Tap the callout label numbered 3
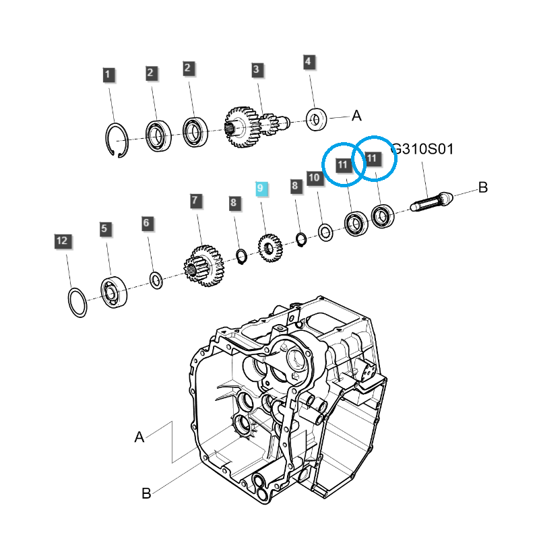tap(257, 69)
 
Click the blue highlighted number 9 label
tap(261, 188)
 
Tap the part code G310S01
tap(422, 149)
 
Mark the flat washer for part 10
tap(325, 233)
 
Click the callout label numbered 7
tap(195, 200)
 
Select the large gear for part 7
tap(204, 265)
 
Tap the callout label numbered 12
tap(62, 241)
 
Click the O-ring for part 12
tap(77, 303)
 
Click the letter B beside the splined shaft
tap(482, 188)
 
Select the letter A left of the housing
tap(139, 437)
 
